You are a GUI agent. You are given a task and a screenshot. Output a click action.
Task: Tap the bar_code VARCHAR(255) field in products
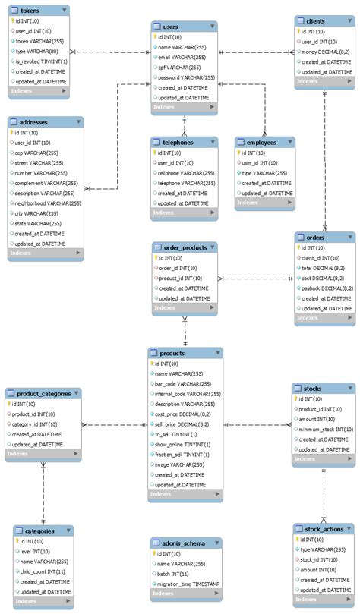[x=182, y=384]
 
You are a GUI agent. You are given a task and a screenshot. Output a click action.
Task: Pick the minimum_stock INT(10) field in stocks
[x=324, y=429]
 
